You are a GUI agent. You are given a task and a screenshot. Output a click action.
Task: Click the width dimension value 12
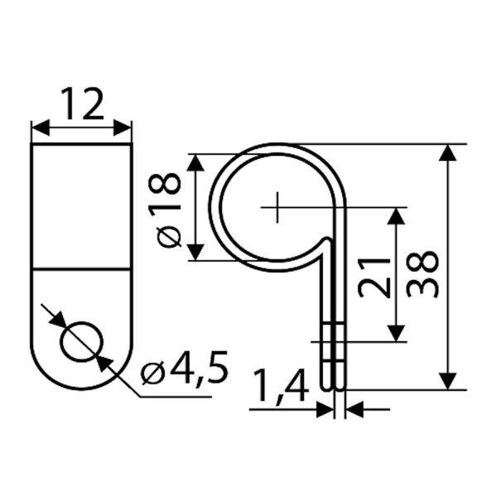pyautogui.click(x=82, y=104)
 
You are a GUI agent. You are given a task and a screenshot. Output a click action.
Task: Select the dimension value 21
pyautogui.click(x=373, y=278)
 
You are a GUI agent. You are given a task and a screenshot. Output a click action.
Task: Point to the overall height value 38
pyautogui.click(x=422, y=274)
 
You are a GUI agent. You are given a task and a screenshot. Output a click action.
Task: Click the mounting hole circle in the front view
pyautogui.click(x=82, y=341)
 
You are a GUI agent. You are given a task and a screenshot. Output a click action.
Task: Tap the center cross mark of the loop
pyautogui.click(x=277, y=207)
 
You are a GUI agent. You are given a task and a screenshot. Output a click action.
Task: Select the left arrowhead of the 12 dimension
pyautogui.click(x=41, y=128)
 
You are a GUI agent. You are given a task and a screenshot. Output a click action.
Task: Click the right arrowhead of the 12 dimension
pyautogui.click(x=123, y=128)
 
